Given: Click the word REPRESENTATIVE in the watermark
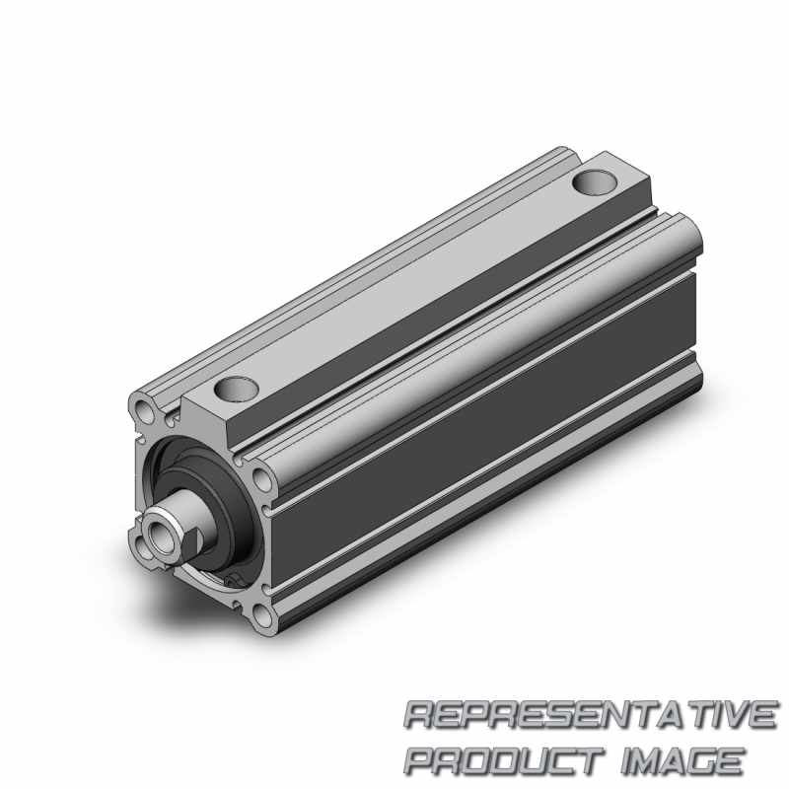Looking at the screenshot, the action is click(591, 715).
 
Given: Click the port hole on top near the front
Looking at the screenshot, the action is click(236, 389).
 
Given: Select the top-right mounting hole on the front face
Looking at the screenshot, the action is click(260, 478).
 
